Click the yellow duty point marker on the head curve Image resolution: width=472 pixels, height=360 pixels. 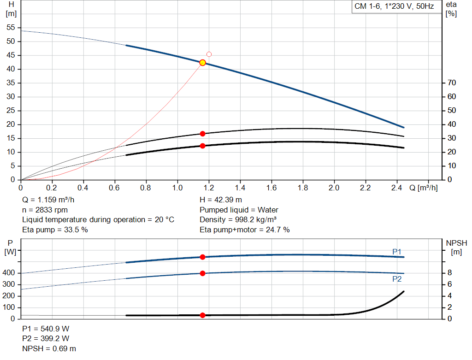(x=202, y=63)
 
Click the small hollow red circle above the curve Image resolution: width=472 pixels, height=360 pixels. (x=209, y=54)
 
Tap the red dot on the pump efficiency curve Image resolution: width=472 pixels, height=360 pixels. (x=202, y=134)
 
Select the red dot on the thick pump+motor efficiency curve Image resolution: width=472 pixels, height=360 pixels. (x=202, y=146)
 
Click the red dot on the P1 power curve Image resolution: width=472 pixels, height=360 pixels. (x=202, y=257)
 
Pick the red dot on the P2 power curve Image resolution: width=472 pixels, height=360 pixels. (x=202, y=273)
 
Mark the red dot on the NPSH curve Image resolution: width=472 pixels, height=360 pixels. (x=202, y=315)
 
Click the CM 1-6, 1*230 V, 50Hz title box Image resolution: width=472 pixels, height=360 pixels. (x=394, y=7)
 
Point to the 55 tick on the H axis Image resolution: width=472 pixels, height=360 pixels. (x=11, y=28)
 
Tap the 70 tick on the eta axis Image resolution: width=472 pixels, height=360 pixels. (x=451, y=83)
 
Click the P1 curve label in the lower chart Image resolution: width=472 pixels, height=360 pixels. (x=396, y=251)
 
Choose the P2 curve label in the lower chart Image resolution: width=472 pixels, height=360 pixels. (x=396, y=279)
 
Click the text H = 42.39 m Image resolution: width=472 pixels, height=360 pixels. (x=221, y=200)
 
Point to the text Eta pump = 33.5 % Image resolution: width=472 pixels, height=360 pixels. (x=55, y=230)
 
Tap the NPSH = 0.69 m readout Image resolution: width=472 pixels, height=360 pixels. (x=49, y=348)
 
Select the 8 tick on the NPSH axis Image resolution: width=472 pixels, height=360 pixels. (x=449, y=273)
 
